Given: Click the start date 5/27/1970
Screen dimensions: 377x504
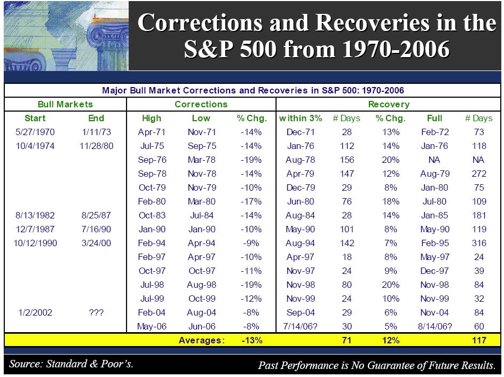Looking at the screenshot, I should (35, 132).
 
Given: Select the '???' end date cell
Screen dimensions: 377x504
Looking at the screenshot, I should (96, 312).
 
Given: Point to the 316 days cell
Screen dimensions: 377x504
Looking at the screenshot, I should (479, 243).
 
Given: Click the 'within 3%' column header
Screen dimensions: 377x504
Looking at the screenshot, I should (301, 118).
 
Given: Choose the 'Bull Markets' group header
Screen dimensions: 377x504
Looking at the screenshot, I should (65, 104).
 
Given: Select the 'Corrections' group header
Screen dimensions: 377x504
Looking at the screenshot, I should (201, 104).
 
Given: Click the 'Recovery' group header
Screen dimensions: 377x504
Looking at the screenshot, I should (389, 104).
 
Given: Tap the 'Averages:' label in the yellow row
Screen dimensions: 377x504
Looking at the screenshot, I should (202, 340).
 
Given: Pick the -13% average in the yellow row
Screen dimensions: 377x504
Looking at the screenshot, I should (249, 340).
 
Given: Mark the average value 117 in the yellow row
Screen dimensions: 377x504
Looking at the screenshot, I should (479, 340).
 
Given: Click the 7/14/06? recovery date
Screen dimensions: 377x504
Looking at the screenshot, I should (301, 326).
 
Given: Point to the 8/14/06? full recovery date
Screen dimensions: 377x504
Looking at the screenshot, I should (434, 326).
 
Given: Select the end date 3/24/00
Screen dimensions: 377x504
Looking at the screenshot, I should (96, 243).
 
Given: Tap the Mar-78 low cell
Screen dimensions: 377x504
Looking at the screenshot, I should (201, 160).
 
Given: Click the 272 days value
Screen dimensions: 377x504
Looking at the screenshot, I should (479, 174).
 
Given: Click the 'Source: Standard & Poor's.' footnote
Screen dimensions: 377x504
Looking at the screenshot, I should (71, 364).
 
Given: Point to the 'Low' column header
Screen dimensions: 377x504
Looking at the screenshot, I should (201, 118).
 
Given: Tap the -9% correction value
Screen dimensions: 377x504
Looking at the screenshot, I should (249, 243).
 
